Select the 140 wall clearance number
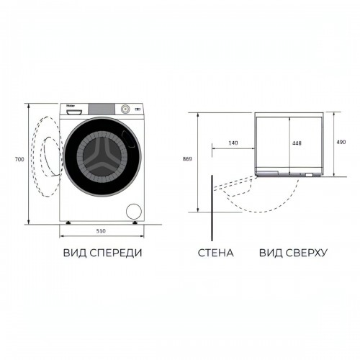tap(233, 143)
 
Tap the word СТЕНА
tap(215, 253)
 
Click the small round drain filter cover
tap(132, 211)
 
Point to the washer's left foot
tap(69, 224)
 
